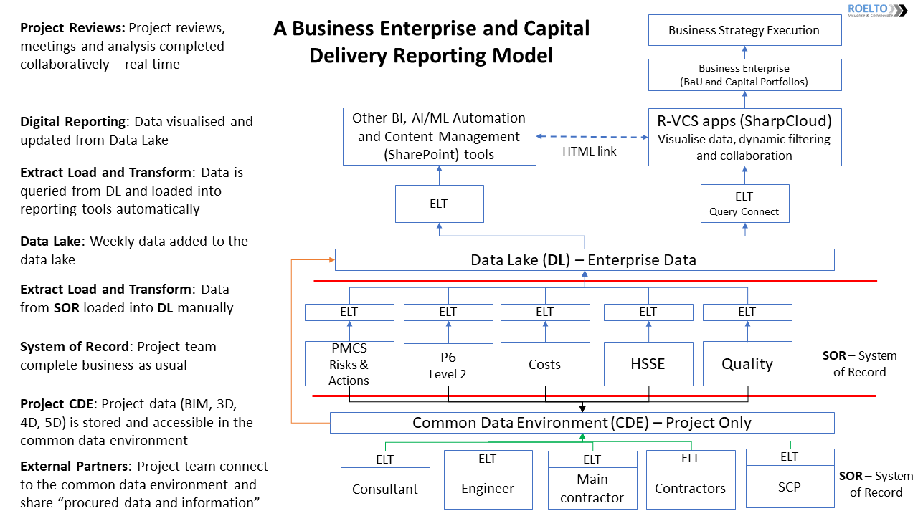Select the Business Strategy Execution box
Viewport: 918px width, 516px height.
[x=744, y=30]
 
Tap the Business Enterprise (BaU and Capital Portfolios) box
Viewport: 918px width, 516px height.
[x=744, y=75]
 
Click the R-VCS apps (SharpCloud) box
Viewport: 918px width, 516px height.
[x=744, y=136]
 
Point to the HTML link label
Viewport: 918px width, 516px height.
[x=590, y=152]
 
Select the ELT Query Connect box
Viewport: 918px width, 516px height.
[x=744, y=204]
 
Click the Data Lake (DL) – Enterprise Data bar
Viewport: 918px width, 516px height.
[x=584, y=259]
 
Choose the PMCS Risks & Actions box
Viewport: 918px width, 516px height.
[x=349, y=364]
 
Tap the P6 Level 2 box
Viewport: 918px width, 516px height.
[x=448, y=365]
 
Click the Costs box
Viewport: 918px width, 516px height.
[x=544, y=365]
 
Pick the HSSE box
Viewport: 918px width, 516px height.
[x=648, y=364]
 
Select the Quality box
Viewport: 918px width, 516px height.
[x=747, y=364]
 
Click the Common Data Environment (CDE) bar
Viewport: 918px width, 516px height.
[x=582, y=423]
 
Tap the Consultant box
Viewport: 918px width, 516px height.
[x=385, y=489]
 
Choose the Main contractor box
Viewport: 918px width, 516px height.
[x=592, y=489]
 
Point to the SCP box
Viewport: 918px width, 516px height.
[x=790, y=487]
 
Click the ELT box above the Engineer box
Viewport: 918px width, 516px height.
[x=488, y=459]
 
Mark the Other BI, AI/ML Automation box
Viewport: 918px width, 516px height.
[x=439, y=136]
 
